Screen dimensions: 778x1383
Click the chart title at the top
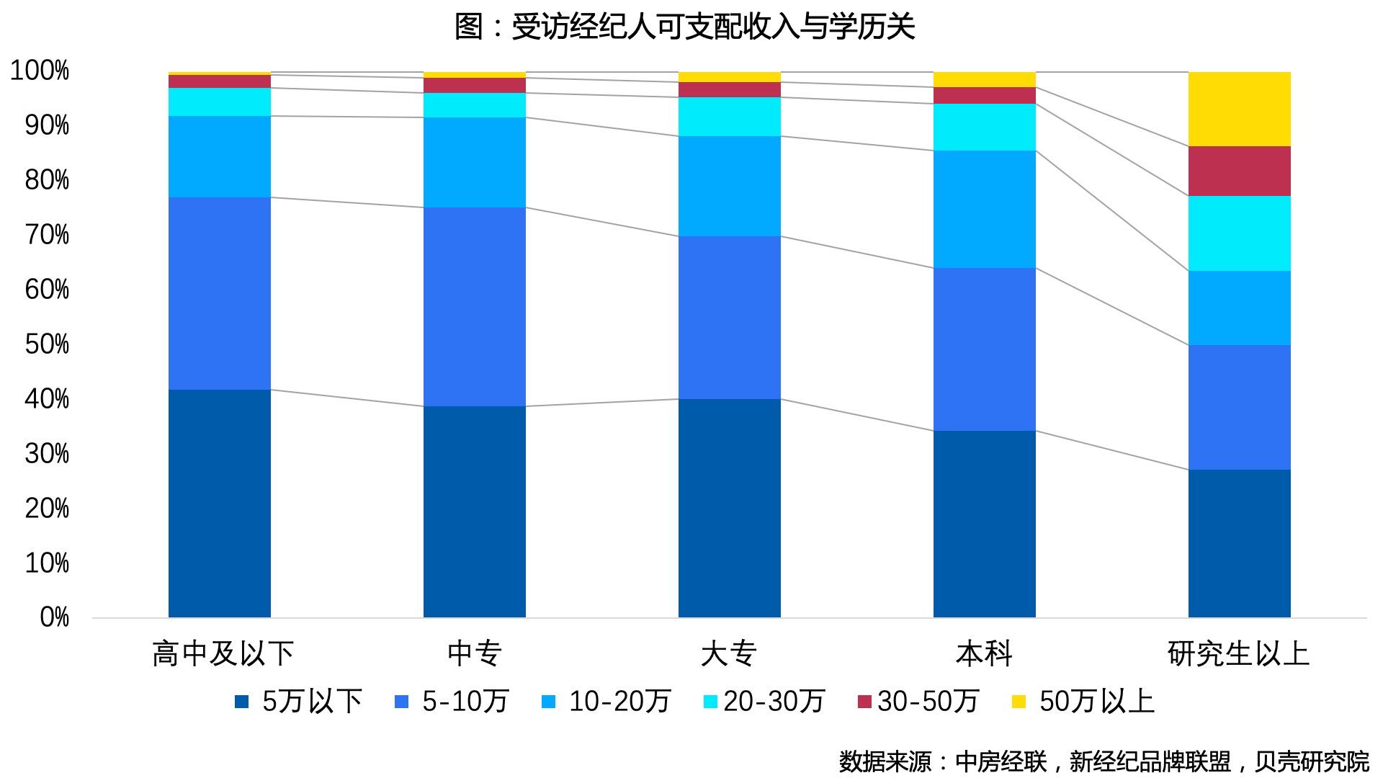click(684, 27)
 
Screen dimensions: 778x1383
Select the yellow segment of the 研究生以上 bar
click(1239, 109)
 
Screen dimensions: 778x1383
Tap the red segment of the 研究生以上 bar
click(1239, 171)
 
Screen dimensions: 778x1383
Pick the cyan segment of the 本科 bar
click(984, 127)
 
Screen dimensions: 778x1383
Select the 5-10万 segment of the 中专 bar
click(474, 307)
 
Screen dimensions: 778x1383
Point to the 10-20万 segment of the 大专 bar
click(729, 186)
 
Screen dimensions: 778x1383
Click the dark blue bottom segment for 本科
click(984, 524)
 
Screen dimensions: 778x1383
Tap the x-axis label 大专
click(729, 653)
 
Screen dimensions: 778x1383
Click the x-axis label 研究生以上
click(1239, 653)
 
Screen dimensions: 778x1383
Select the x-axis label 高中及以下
click(223, 653)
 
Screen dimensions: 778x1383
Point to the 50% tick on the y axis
click(47, 344)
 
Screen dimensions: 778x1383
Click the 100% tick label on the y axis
click(40, 71)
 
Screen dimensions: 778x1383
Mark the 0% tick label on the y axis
click(54, 617)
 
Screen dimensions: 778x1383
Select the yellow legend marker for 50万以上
click(1019, 701)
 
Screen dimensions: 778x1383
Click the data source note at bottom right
click(1104, 761)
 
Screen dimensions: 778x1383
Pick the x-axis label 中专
click(474, 653)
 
